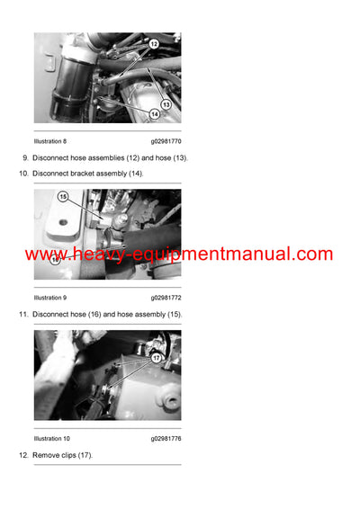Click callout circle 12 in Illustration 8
tap(153, 43)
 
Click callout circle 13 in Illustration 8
tap(166, 103)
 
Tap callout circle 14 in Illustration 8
tap(156, 114)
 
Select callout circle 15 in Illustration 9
tap(63, 196)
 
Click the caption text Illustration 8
tap(50, 141)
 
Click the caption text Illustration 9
tap(50, 297)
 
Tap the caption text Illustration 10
tap(52, 439)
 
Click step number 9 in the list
tap(24, 158)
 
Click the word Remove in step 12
tap(46, 456)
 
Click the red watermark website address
tap(179, 254)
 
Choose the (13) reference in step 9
tap(178, 158)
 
